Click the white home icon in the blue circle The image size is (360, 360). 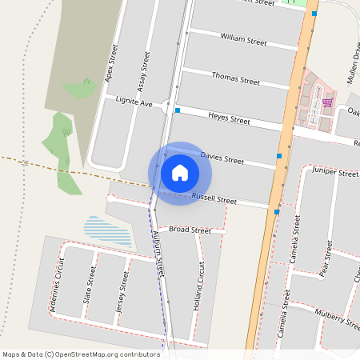(180, 172)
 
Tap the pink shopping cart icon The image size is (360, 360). (327, 102)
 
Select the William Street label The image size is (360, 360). (243, 38)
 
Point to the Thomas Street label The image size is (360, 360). (235, 78)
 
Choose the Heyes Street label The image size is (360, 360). (230, 118)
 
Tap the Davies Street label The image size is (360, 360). (222, 158)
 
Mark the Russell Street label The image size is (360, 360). (214, 198)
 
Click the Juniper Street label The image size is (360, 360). (336, 172)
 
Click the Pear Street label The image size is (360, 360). (326, 258)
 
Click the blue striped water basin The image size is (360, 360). (108, 230)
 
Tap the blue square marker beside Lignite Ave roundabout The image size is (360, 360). (178, 110)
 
